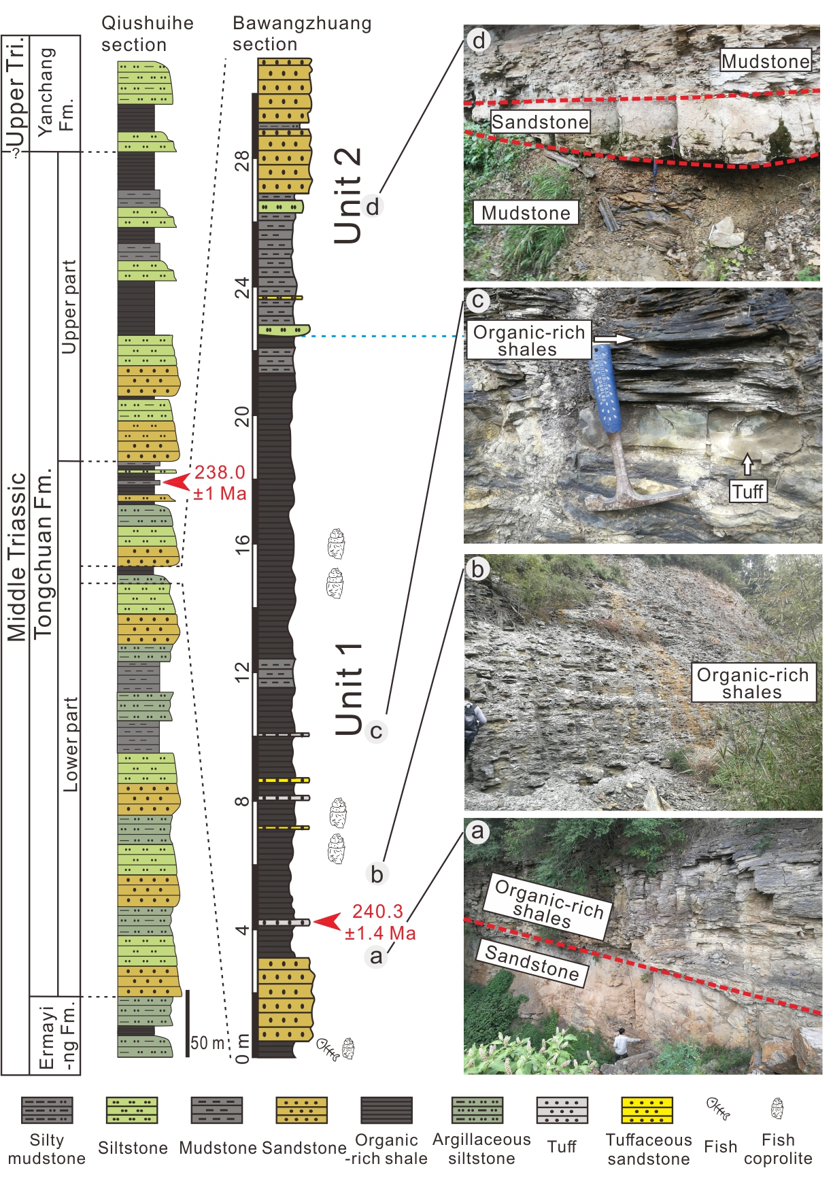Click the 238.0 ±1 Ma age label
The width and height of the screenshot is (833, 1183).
220,483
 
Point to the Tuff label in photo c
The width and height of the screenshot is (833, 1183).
748,491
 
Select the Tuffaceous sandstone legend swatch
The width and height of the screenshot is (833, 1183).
647,1110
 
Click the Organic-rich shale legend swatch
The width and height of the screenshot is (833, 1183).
386,1110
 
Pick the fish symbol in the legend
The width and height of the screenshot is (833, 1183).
718,1109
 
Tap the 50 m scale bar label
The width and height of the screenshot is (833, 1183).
207,1043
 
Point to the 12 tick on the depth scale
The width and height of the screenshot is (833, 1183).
242,672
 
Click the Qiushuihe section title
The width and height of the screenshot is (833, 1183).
147,34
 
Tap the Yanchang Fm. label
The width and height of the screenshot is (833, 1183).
55,92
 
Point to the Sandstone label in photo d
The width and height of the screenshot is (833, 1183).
540,122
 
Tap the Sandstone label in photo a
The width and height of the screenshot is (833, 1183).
532,963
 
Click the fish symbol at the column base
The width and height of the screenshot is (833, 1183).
327,1048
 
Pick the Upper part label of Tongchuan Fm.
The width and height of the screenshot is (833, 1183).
69,306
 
